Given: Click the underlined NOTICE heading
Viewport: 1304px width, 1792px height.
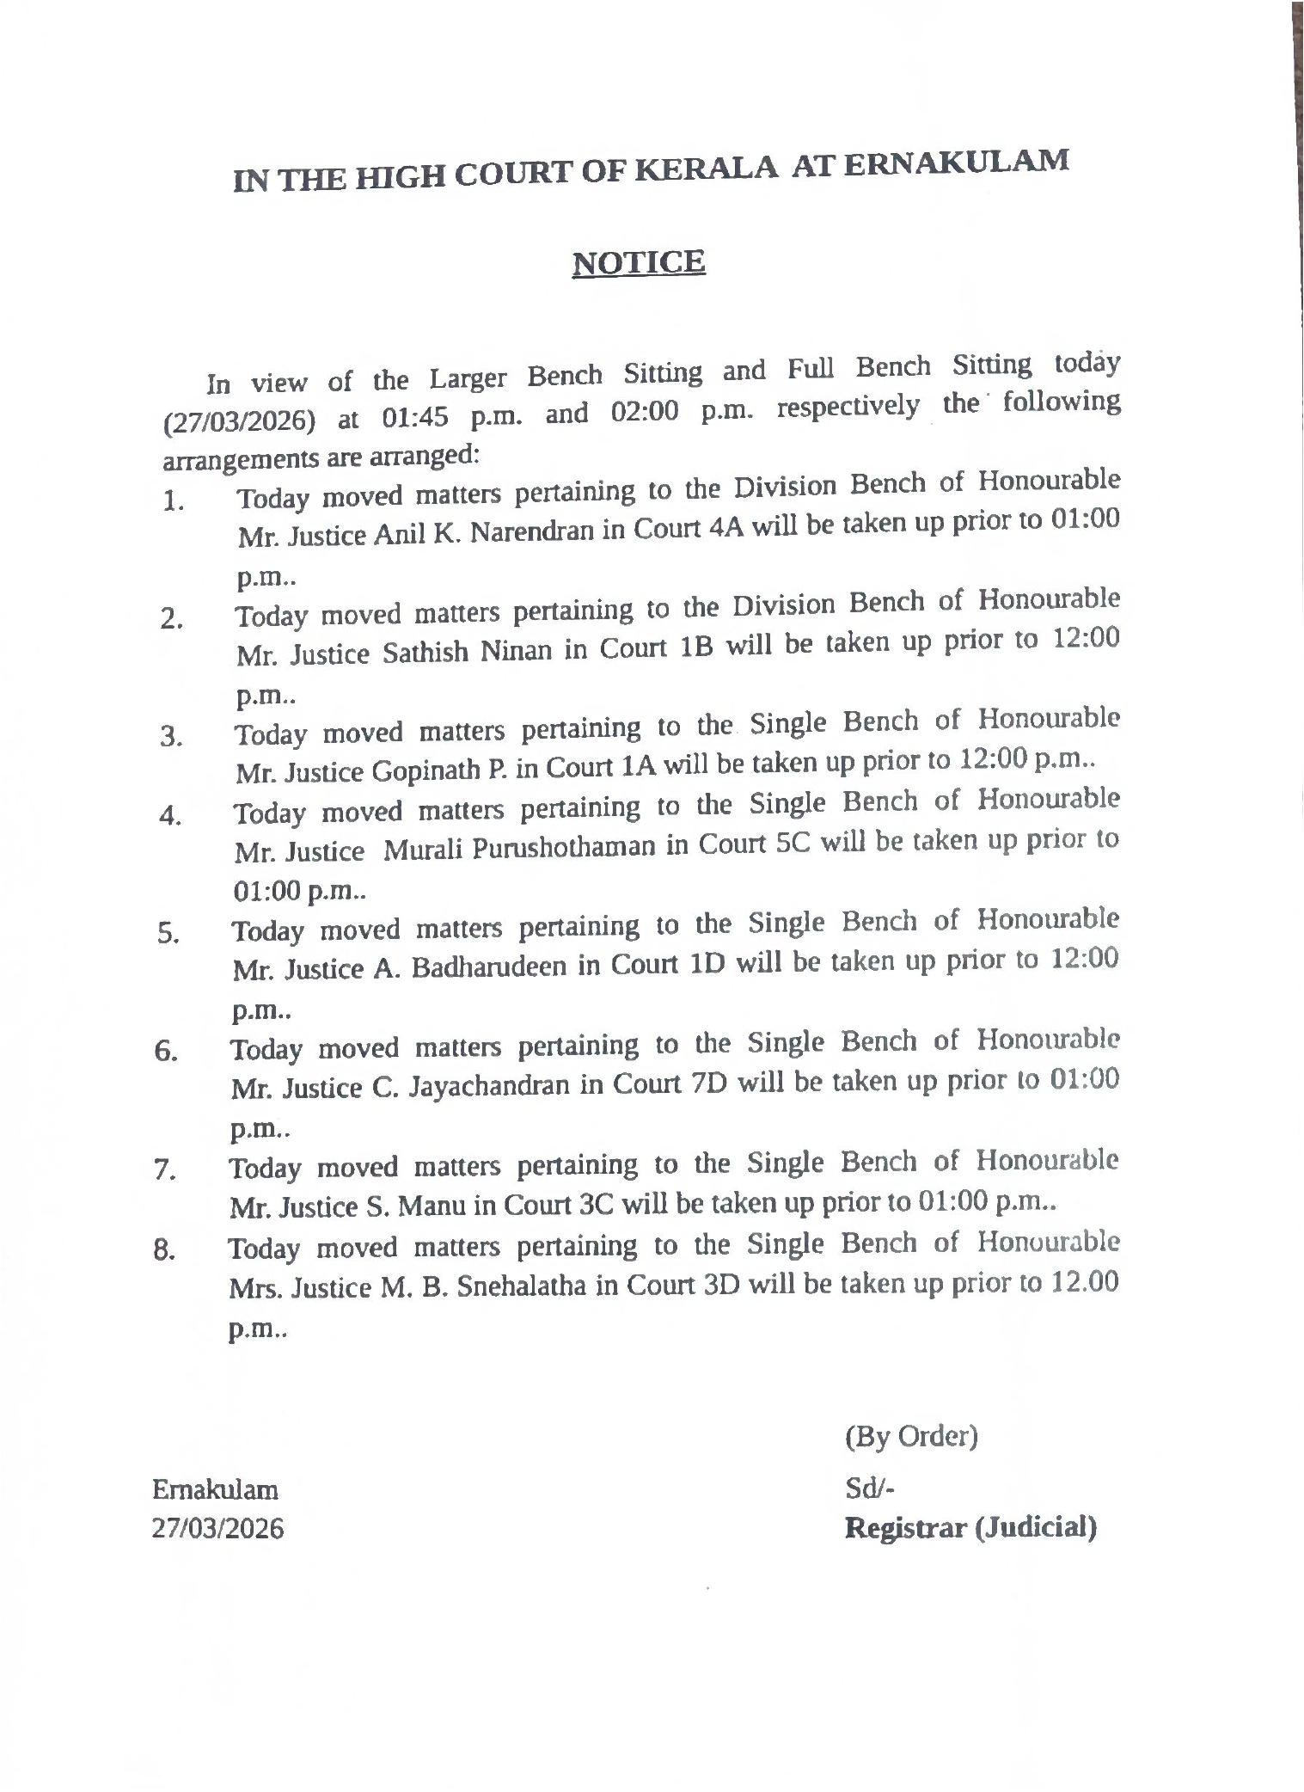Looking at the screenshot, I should click(639, 261).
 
